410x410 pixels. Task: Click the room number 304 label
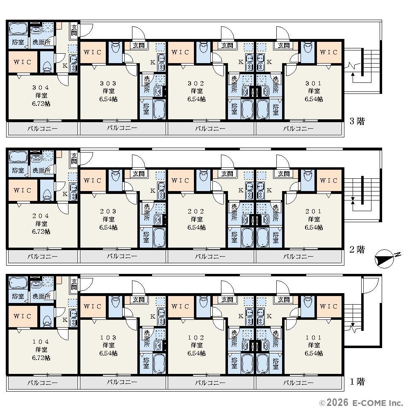[x=41, y=87]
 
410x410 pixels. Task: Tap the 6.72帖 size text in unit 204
[x=41, y=232]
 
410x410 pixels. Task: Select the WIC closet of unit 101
[x=329, y=306]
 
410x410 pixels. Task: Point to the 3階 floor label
[x=357, y=121]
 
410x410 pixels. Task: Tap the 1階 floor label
[x=357, y=382]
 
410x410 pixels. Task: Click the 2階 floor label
[x=357, y=249]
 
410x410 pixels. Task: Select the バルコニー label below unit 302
[x=210, y=129]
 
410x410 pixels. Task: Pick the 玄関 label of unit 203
[x=138, y=173]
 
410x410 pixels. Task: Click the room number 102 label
[x=196, y=337]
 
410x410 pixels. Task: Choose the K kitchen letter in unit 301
[x=269, y=62]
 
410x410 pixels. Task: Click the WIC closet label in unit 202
[x=180, y=181]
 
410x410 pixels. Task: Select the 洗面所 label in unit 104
[x=41, y=296]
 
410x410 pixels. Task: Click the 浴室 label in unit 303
[x=146, y=109]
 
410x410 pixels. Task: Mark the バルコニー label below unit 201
[x=298, y=257]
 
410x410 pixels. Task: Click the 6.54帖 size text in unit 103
[x=108, y=353]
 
